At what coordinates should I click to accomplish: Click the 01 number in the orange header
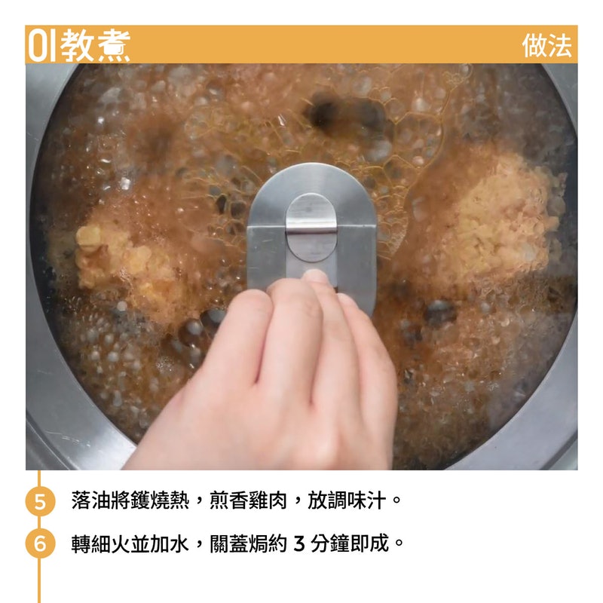pos(43,45)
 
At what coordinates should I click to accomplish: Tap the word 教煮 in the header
pos(96,45)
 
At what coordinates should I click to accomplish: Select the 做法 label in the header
pos(547,46)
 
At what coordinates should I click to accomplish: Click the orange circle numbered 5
pos(41,501)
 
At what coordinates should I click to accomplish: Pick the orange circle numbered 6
pos(41,543)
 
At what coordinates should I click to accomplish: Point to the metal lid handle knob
pos(311,227)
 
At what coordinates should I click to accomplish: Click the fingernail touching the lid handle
pos(316,275)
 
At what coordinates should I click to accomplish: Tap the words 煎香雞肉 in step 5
pos(249,500)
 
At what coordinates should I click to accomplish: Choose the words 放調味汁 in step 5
pos(347,500)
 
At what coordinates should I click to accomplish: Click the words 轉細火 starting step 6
pos(100,543)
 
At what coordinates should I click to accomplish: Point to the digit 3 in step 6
pos(299,543)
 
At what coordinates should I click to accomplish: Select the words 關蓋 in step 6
pos(229,543)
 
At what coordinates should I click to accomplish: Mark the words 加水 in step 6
pos(169,543)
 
